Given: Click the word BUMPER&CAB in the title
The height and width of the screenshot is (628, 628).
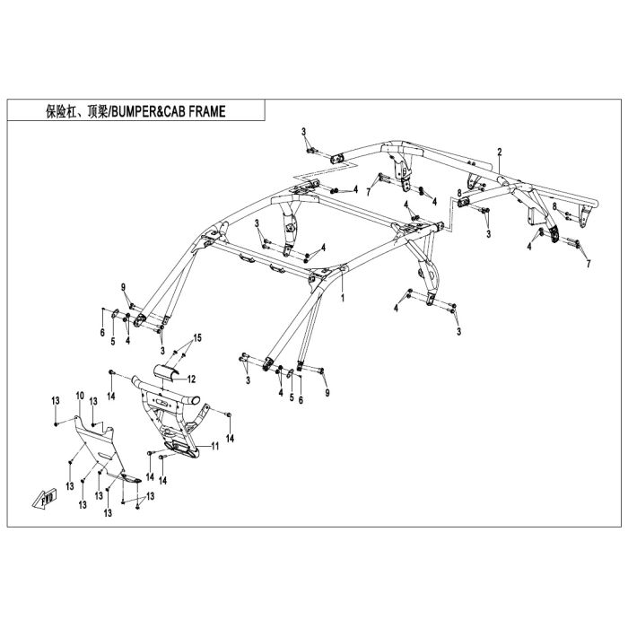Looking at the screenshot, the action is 148,111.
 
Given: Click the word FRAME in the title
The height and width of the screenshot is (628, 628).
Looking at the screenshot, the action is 207,111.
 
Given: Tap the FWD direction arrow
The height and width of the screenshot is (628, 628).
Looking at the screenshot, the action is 45,499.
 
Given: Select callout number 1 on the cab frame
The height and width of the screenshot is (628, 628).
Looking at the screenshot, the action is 343,298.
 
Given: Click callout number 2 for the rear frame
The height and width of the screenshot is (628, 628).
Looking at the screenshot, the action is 500,153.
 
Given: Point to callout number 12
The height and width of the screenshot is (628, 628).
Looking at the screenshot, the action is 191,379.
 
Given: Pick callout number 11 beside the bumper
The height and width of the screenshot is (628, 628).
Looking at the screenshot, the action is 215,446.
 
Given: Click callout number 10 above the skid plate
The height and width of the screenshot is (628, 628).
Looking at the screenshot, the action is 80,397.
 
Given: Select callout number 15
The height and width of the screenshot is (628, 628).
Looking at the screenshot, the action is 197,338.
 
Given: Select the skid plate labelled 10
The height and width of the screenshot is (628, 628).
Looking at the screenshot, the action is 105,450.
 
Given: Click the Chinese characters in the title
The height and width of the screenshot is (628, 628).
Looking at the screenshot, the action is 76,111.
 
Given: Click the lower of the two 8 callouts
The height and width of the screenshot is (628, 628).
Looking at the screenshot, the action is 554,206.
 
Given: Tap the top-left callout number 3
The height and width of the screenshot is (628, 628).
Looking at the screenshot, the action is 303,132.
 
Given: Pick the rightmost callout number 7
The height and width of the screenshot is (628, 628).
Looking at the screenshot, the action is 589,264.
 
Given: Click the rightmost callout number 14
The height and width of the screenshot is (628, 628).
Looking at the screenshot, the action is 230,439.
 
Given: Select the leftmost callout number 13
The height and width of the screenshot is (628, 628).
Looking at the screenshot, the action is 56,400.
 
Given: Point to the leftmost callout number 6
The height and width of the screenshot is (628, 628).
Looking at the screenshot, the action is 102,332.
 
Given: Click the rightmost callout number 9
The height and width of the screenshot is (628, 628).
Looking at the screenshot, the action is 327,393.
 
